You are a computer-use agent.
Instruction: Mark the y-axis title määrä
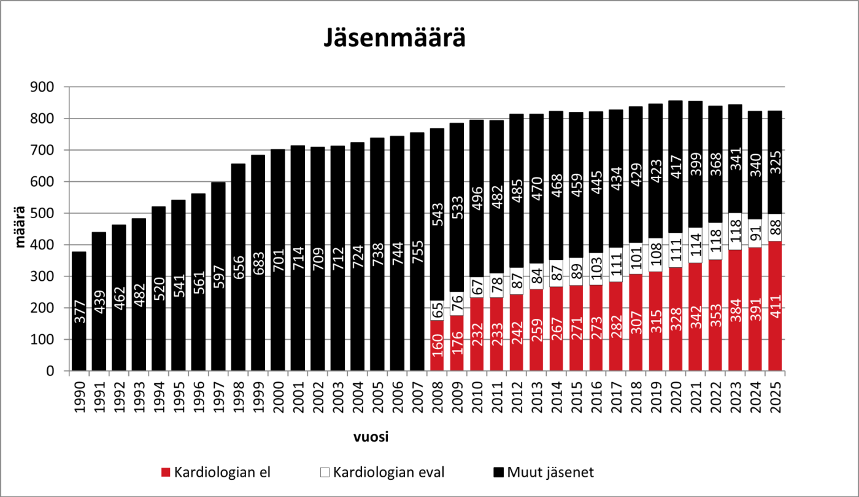21,228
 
